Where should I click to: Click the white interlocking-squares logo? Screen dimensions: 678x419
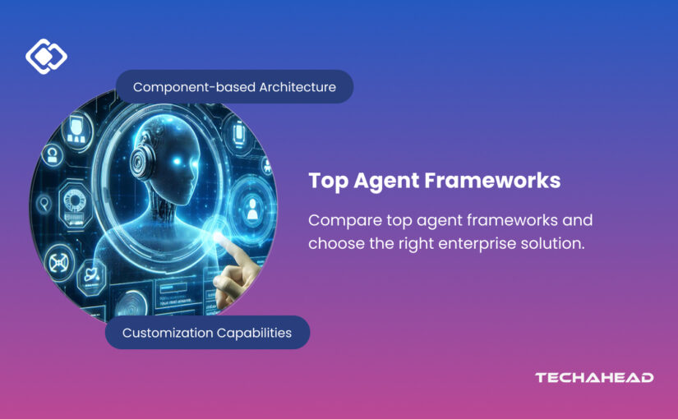(x=46, y=56)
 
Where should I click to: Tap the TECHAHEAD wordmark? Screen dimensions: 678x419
(x=594, y=377)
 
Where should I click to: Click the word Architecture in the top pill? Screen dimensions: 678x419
(x=297, y=87)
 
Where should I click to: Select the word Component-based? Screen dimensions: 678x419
(x=194, y=87)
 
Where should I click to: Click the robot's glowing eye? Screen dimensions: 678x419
(x=177, y=161)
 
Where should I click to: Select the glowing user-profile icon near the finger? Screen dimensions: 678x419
(x=251, y=209)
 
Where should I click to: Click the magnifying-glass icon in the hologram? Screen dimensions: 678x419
(x=44, y=203)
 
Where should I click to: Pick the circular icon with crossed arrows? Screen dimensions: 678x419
(x=59, y=263)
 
